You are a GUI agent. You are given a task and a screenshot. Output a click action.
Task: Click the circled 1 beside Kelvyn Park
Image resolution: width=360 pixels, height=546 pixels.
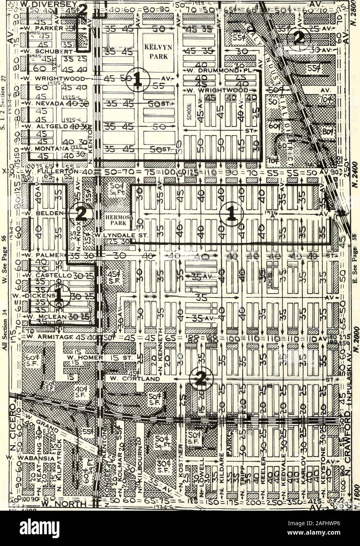pos(138,79)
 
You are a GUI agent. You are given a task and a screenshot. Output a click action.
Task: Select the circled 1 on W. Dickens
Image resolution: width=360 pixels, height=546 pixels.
pos(58,296)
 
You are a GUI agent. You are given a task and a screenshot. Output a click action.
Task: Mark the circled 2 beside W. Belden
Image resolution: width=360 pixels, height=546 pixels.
pos(81,214)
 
